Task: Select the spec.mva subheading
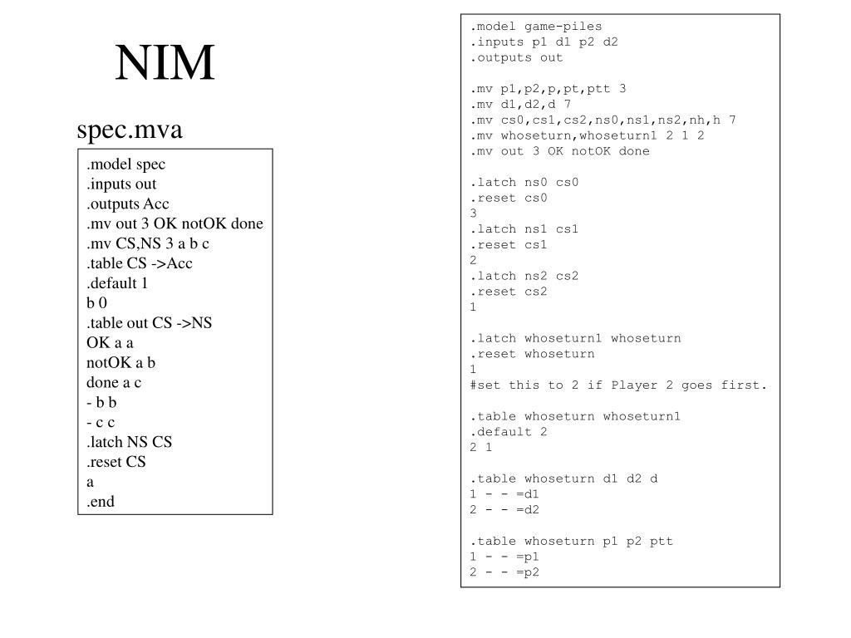pyautogui.click(x=129, y=130)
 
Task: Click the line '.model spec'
pyautogui.click(x=125, y=164)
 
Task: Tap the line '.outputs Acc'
pyautogui.click(x=127, y=204)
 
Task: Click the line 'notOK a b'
pyautogui.click(x=121, y=362)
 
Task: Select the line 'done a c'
pyautogui.click(x=114, y=382)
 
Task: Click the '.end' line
pyautogui.click(x=101, y=501)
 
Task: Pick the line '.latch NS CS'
pyautogui.click(x=129, y=441)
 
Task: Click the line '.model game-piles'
pyautogui.click(x=535, y=27)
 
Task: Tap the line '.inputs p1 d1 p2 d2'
pyautogui.click(x=544, y=42)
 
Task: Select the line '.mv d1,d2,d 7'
pyautogui.click(x=520, y=105)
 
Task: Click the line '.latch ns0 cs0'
pyautogui.click(x=524, y=182)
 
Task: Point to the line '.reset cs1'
pyautogui.click(x=509, y=244)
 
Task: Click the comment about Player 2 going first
pyautogui.click(x=618, y=385)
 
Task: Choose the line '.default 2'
pyautogui.click(x=509, y=431)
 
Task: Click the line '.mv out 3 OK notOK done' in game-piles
pyautogui.click(x=559, y=151)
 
